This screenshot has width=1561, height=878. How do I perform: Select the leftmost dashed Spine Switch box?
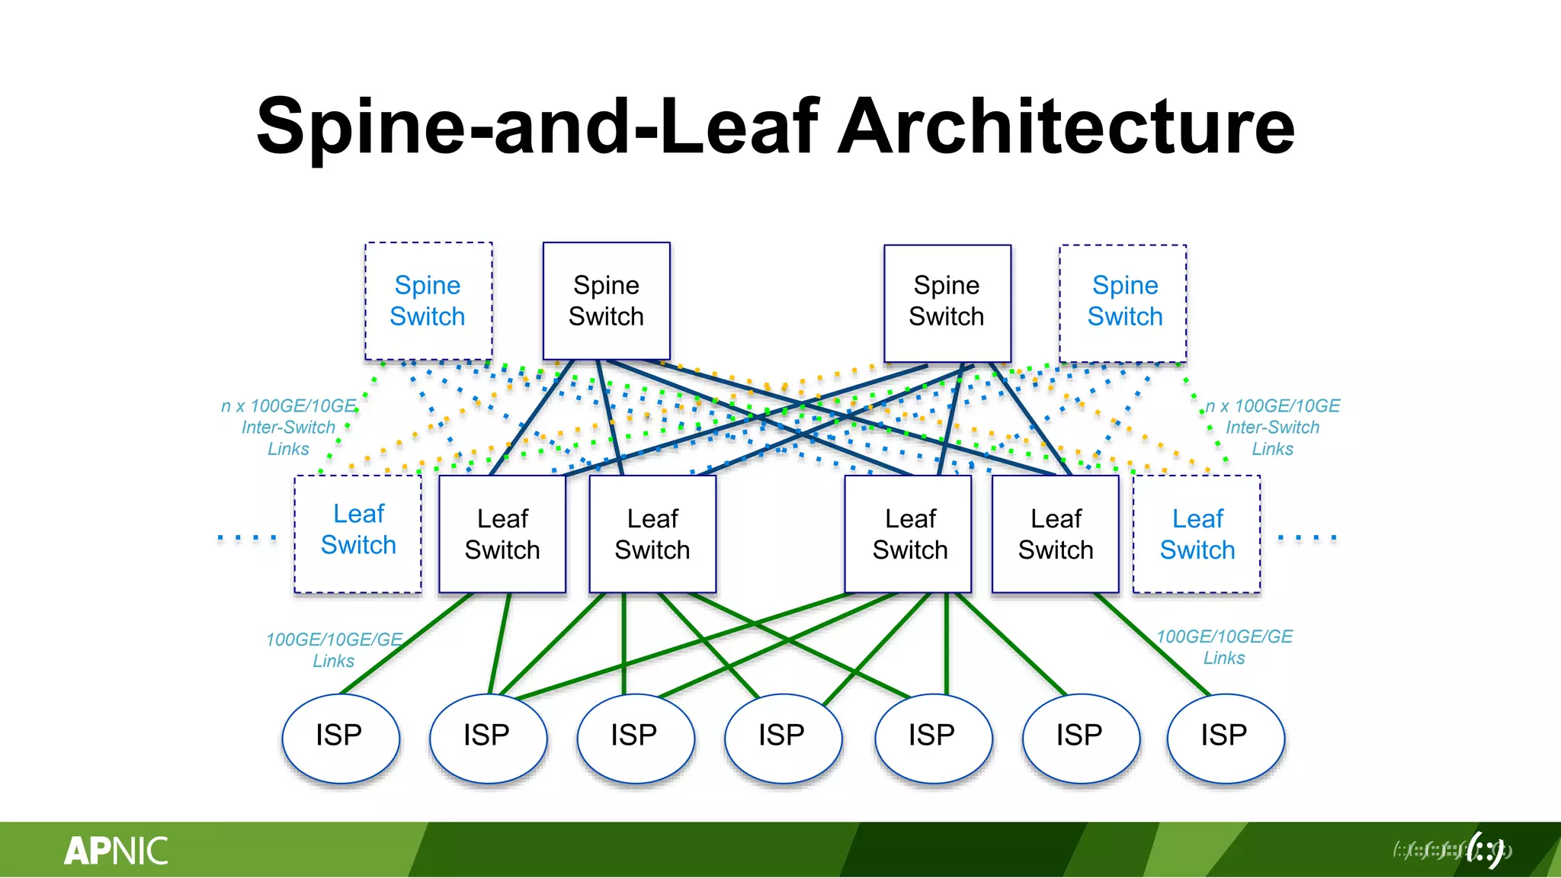(x=428, y=301)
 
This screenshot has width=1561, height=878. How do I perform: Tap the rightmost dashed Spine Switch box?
(x=1123, y=303)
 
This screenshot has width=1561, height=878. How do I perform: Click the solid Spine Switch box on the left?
(x=606, y=300)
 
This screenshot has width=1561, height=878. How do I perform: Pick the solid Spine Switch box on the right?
(x=947, y=303)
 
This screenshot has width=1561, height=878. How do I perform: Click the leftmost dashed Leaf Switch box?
(x=358, y=533)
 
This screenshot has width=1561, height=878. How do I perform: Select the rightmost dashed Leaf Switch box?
(x=1197, y=534)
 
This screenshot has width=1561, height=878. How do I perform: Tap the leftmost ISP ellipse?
(x=340, y=737)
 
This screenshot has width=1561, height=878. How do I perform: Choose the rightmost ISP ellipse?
(x=1225, y=737)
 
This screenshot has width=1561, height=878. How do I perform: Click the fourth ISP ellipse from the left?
(x=783, y=737)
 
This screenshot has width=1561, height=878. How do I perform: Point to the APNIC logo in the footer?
(x=116, y=851)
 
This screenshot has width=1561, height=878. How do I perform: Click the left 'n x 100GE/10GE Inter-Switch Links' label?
(x=288, y=427)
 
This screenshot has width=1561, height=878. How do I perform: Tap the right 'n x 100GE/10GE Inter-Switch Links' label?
(x=1272, y=427)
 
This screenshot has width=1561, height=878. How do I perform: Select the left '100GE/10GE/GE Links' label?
(x=334, y=649)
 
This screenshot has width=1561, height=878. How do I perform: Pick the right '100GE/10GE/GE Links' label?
(x=1224, y=646)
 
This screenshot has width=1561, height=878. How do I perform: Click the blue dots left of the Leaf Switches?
(x=246, y=537)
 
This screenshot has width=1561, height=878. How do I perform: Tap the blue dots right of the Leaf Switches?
(x=1306, y=537)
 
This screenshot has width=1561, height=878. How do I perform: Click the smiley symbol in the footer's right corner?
(x=1486, y=849)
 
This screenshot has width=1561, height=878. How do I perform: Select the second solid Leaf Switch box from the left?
(x=652, y=534)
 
